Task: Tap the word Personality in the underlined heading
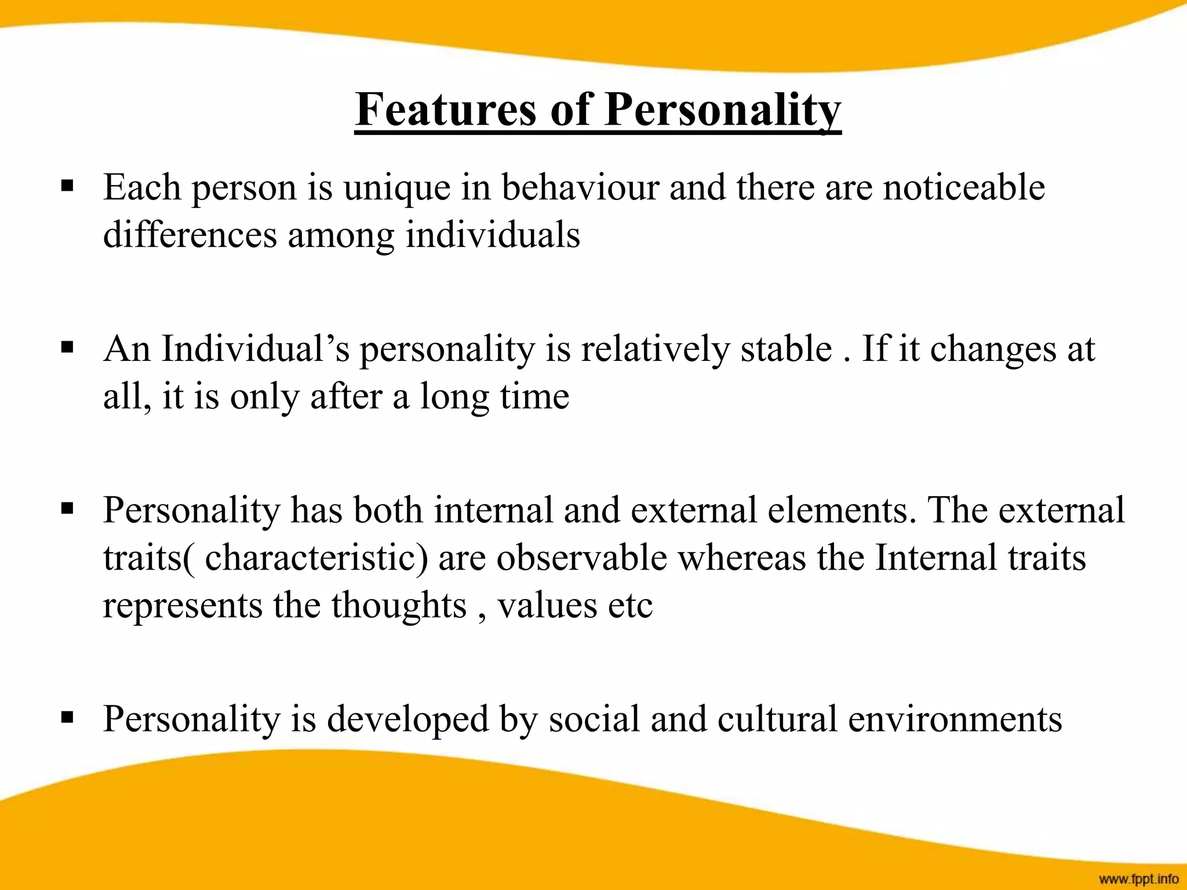(722, 110)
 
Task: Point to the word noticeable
(963, 188)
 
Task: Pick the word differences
(190, 235)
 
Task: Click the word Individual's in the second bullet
(255, 349)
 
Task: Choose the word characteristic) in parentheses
(316, 557)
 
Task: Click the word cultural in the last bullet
(777, 718)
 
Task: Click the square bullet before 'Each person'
(67, 187)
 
